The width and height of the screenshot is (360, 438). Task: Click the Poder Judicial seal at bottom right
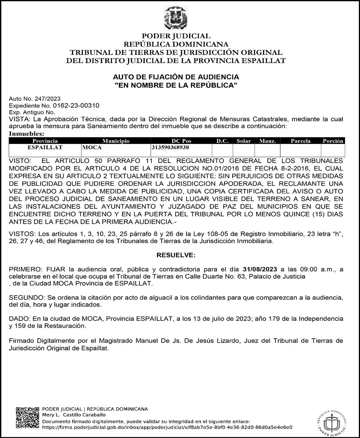pyautogui.click(x=332, y=420)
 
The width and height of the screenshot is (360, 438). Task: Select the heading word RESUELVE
pyautogui.click(x=176, y=255)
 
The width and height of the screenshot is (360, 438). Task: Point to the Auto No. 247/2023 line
pyautogui.click(x=35, y=99)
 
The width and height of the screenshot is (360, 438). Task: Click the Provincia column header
pyautogui.click(x=45, y=141)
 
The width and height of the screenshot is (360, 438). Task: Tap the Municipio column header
pyautogui.click(x=116, y=141)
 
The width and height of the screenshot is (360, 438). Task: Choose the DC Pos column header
pyautogui.click(x=181, y=141)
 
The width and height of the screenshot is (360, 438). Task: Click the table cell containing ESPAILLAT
pyautogui.click(x=45, y=148)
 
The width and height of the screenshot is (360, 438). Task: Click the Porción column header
pyautogui.click(x=333, y=141)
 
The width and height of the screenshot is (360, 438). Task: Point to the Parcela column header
pyautogui.click(x=300, y=141)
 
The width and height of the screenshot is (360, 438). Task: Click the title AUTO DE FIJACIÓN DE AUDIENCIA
pyautogui.click(x=176, y=77)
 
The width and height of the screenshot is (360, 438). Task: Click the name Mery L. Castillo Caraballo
pyautogui.click(x=74, y=415)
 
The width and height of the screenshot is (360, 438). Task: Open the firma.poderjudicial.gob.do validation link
pyautogui.click(x=167, y=427)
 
